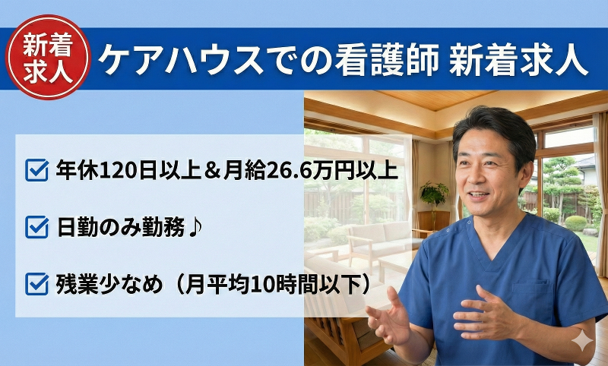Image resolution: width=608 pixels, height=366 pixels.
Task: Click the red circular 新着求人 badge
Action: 47,58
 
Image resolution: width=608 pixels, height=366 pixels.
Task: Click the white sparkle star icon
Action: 584,342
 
